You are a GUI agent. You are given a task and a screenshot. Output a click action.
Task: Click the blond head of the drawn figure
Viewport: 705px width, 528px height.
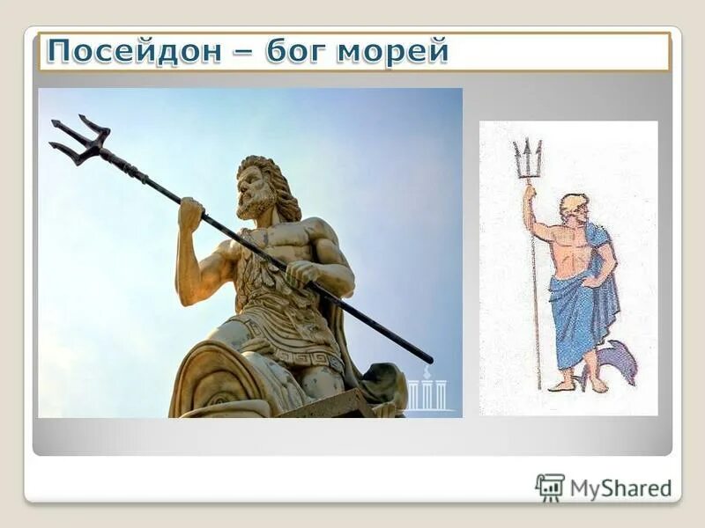tap(573, 205)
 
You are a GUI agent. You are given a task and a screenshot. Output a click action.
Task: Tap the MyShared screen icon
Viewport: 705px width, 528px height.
tap(550, 487)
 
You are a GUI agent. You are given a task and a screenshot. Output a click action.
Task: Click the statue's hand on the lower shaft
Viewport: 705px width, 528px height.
tap(301, 273)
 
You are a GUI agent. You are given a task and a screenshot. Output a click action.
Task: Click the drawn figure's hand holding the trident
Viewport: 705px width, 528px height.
tap(530, 193)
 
